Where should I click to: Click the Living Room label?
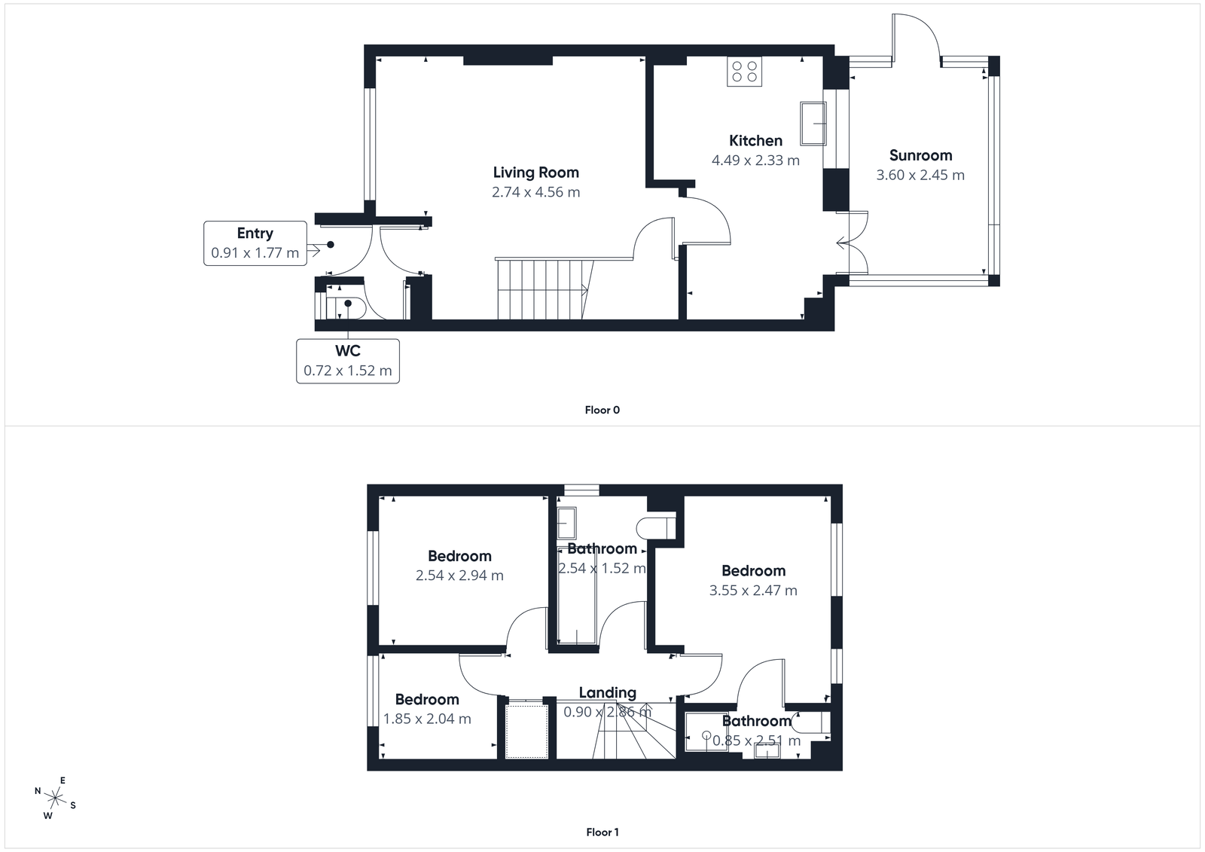pyautogui.click(x=535, y=173)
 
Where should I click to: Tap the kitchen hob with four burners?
pyautogui.click(x=744, y=72)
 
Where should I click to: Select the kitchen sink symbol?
pyautogui.click(x=813, y=123)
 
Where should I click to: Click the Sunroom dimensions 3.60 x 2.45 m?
pyautogui.click(x=920, y=175)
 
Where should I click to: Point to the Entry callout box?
pyautogui.click(x=255, y=243)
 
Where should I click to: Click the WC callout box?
pyautogui.click(x=347, y=361)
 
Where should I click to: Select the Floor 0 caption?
pyautogui.click(x=602, y=410)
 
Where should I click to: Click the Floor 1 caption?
pyautogui.click(x=602, y=832)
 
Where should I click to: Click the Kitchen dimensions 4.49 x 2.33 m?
pyautogui.click(x=755, y=160)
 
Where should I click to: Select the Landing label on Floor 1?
pyautogui.click(x=607, y=692)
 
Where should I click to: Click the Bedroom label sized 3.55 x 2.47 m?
pyautogui.click(x=753, y=571)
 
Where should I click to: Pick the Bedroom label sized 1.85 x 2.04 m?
pyautogui.click(x=427, y=699)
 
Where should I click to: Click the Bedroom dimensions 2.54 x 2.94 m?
pyautogui.click(x=459, y=576)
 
